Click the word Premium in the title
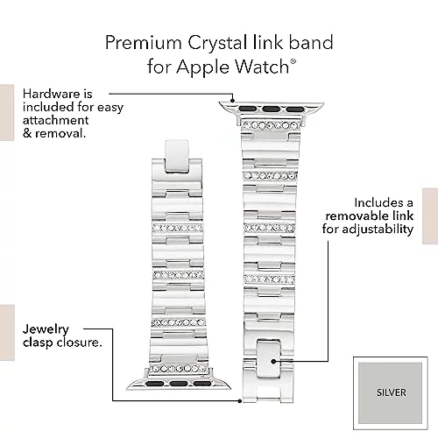144,43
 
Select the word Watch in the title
262,67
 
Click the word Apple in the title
202,67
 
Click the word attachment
55,120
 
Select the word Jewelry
46,329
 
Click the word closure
79,343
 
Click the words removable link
370,215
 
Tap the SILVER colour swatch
391,392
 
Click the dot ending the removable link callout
273,361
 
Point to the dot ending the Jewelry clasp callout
240,401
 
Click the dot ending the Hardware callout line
232,101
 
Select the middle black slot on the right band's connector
272,109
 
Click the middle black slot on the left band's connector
179,384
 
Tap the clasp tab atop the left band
177,155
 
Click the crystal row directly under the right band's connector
271,125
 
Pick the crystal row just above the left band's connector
179,369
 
